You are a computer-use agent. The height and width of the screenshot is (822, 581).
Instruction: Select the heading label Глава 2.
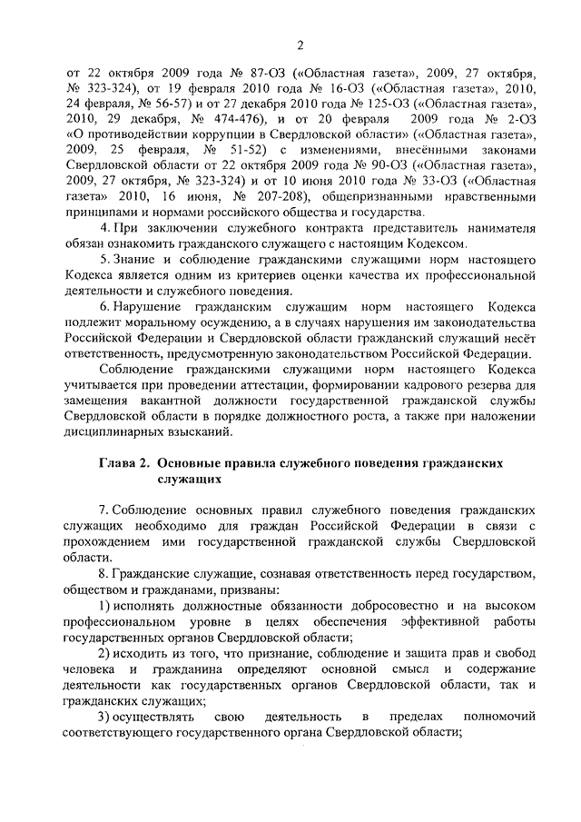pos(123,462)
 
